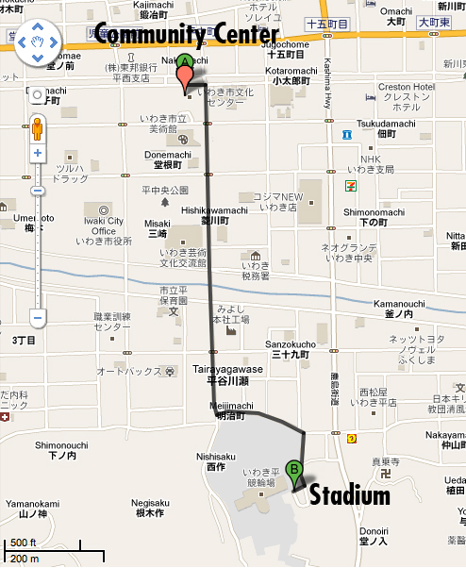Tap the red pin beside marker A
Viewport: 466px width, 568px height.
click(185, 79)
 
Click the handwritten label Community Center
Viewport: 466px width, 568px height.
click(187, 37)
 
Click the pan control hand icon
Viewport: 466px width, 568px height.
click(38, 42)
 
